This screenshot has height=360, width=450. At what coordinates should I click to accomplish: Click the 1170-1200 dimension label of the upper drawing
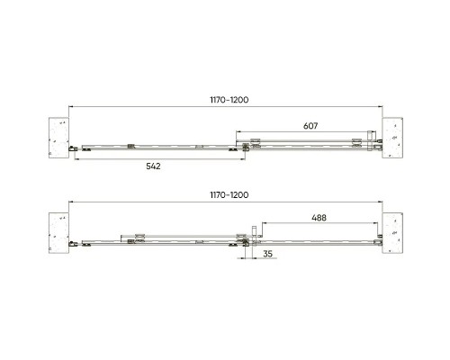coord(229,100)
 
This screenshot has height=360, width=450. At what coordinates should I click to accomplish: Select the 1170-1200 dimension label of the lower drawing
coord(229,195)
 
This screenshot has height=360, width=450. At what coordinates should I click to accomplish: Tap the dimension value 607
coord(310,126)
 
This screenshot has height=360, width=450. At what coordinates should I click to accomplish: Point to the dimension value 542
coord(153,166)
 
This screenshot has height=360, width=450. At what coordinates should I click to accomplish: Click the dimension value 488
coord(319,218)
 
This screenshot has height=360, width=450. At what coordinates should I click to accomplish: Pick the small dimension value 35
coord(267,254)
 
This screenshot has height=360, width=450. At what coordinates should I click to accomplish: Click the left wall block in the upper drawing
coord(58,138)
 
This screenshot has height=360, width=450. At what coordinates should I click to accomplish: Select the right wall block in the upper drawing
coord(392,138)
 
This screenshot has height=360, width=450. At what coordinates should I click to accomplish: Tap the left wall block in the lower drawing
coord(58,233)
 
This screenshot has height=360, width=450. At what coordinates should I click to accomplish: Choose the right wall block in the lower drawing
coord(392,233)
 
